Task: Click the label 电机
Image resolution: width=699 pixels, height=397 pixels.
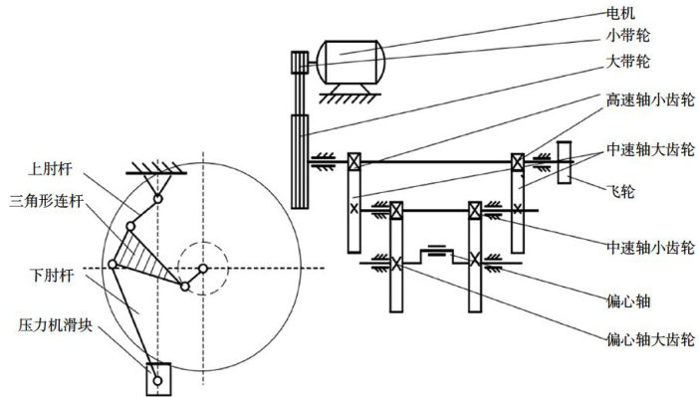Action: (620, 13)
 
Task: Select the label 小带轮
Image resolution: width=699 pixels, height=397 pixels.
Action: (627, 36)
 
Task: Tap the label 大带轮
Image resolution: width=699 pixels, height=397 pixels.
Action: (627, 61)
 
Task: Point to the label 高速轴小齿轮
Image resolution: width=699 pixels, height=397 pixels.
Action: (650, 99)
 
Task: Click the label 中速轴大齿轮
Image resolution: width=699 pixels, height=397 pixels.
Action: (650, 149)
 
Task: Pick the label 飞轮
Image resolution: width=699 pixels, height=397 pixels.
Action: (620, 192)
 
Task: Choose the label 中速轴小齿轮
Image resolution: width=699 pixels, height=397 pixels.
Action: (650, 248)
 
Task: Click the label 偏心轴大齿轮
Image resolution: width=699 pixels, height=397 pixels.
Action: (650, 340)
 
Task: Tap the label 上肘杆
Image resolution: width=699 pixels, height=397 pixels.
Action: (50, 169)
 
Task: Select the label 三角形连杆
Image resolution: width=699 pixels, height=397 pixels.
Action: (47, 201)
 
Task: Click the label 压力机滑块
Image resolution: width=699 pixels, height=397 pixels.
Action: (56, 324)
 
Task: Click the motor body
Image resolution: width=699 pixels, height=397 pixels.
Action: (350, 62)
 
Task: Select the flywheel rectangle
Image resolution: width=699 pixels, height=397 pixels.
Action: (564, 162)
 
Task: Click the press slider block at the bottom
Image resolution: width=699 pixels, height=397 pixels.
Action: (158, 379)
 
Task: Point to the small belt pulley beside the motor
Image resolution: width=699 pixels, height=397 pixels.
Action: (300, 63)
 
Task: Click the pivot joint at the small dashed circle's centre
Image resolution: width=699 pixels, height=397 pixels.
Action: (203, 269)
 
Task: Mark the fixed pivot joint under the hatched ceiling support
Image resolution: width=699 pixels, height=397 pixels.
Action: (157, 199)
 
